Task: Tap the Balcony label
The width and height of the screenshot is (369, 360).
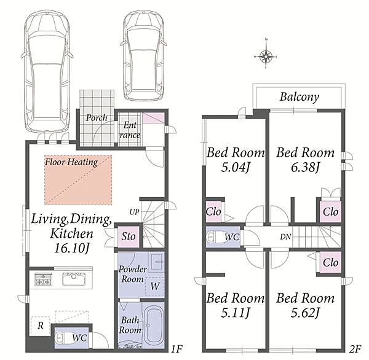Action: pyautogui.click(x=300, y=97)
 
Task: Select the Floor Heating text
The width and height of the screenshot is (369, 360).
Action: pyautogui.click(x=71, y=162)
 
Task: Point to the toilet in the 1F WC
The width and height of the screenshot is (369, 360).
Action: pyautogui.click(x=61, y=338)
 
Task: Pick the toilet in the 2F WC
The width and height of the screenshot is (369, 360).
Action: pyautogui.click(x=213, y=237)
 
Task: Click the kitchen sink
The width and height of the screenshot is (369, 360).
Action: pyautogui.click(x=74, y=279)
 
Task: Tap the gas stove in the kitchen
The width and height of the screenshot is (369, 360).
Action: pyautogui.click(x=43, y=280)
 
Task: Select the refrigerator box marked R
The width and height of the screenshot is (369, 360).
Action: pyautogui.click(x=40, y=326)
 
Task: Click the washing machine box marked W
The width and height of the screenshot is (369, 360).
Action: pyautogui.click(x=154, y=286)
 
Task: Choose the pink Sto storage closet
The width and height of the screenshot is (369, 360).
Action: pyautogui.click(x=129, y=237)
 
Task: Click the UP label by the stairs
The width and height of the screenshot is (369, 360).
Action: pyautogui.click(x=134, y=212)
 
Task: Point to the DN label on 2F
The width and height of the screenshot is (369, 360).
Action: pyautogui.click(x=285, y=237)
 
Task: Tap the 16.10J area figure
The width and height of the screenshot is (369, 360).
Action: pyautogui.click(x=72, y=248)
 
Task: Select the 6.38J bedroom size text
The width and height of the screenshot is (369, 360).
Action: pyautogui.click(x=305, y=168)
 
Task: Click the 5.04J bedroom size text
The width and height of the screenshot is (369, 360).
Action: pyautogui.click(x=236, y=168)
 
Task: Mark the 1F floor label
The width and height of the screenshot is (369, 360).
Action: pyautogui.click(x=177, y=349)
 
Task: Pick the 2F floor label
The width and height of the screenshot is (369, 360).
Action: pyautogui.click(x=355, y=349)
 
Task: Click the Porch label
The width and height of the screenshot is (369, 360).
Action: pyautogui.click(x=97, y=117)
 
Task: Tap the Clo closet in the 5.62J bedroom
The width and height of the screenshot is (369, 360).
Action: pyautogui.click(x=330, y=262)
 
